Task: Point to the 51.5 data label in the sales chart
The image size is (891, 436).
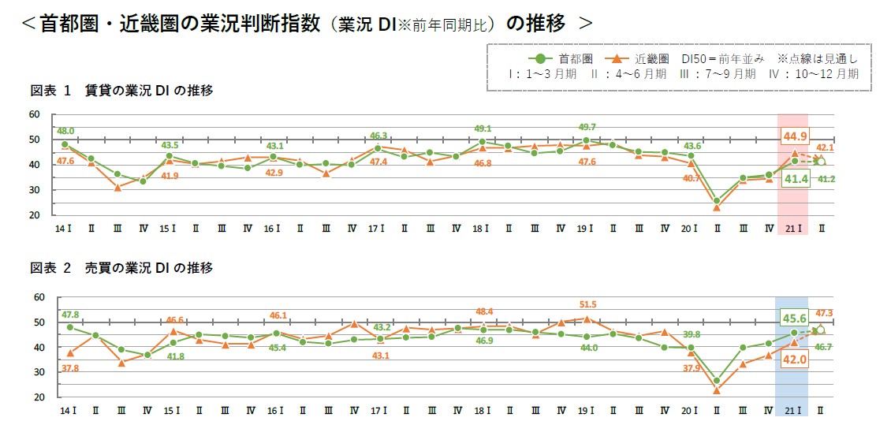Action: [587, 304]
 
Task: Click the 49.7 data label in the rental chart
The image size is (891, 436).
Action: [587, 127]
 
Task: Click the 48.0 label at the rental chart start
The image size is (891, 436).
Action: [65, 131]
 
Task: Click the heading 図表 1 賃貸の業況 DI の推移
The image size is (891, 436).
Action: [122, 91]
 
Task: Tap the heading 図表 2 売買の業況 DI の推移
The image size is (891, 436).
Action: [122, 268]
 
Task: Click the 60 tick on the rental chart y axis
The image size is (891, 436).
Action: [34, 114]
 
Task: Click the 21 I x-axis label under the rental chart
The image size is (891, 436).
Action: [796, 229]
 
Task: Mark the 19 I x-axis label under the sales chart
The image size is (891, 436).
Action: [587, 412]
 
